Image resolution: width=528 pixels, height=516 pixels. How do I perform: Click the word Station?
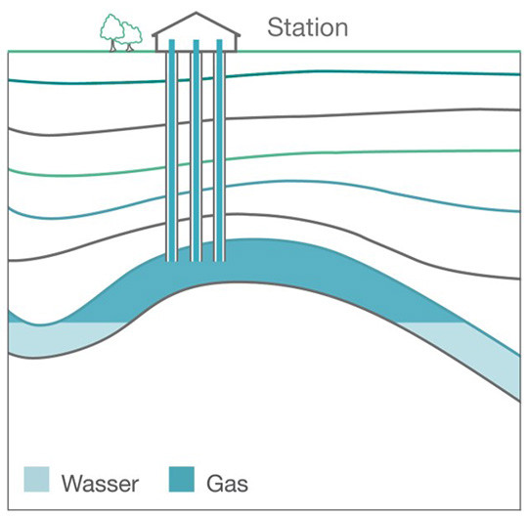tap(308, 27)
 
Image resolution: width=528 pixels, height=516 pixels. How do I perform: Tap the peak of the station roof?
tap(197, 14)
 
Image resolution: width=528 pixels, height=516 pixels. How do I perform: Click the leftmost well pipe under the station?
tap(172, 147)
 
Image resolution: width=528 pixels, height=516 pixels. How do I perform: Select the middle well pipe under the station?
tap(197, 147)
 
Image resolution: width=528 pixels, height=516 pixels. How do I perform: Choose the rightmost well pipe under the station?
tap(221, 147)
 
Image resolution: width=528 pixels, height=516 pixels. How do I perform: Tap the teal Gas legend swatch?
tap(183, 480)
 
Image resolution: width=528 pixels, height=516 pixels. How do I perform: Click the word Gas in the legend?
tap(228, 481)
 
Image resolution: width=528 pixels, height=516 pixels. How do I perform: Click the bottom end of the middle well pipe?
tap(197, 259)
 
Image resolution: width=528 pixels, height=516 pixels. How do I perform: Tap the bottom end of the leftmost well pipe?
tap(172, 259)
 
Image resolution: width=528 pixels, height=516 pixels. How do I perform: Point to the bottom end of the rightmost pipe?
tap(221, 259)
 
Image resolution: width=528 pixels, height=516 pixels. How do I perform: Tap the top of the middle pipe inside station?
tap(197, 42)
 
